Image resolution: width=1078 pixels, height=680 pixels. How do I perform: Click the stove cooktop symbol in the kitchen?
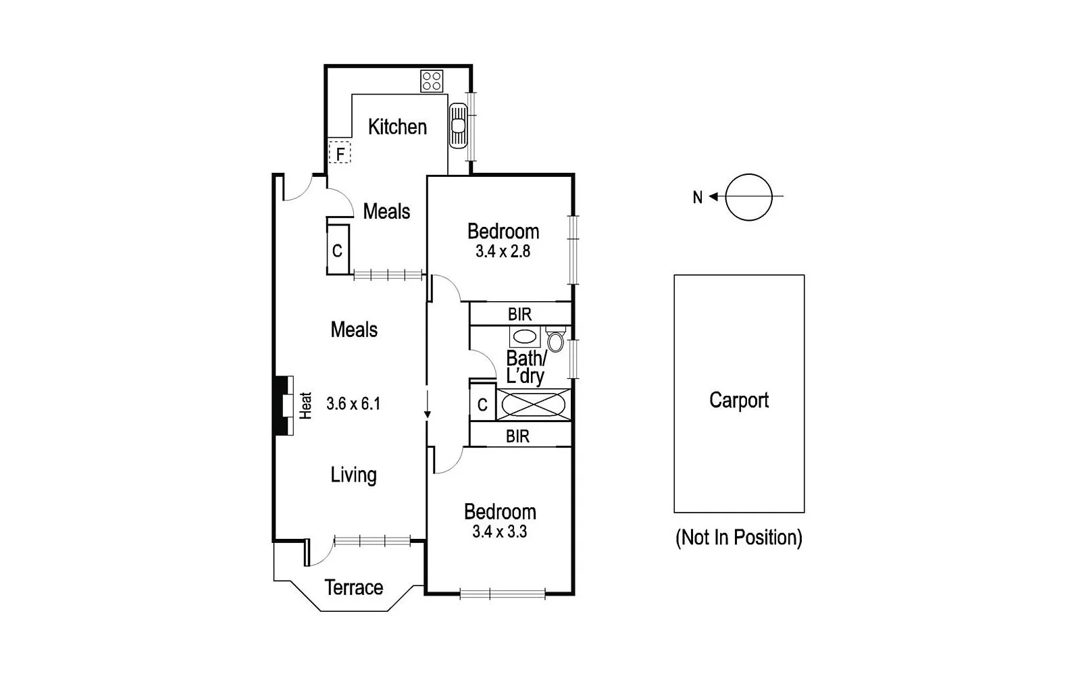tap(432, 81)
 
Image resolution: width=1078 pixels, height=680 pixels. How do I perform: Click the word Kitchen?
tap(397, 127)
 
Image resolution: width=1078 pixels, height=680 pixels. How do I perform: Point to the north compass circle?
tap(748, 197)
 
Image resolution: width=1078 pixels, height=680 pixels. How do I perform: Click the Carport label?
tap(739, 400)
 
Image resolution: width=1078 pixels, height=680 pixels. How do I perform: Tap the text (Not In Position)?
tap(739, 538)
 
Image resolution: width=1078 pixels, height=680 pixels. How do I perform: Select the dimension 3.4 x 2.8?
tap(503, 252)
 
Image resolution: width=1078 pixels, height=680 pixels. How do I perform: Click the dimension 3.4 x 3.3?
tap(500, 532)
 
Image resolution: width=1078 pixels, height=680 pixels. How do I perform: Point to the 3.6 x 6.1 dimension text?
tap(353, 404)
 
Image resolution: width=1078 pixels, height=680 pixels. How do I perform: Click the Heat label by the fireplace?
tap(306, 406)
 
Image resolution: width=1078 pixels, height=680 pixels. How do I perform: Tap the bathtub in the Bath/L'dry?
tap(533, 405)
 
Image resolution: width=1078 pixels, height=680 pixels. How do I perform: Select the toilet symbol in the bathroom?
tap(555, 340)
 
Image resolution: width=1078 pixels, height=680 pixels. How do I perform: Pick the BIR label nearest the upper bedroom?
tap(519, 314)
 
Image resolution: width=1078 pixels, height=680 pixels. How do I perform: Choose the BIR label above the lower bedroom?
tap(517, 436)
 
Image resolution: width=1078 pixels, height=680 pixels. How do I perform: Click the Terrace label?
tap(353, 587)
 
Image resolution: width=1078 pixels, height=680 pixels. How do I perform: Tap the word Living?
tap(353, 475)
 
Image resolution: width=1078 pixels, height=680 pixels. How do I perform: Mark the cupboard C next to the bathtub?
tap(482, 404)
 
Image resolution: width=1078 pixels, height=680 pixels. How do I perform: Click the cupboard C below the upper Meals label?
tap(337, 251)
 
